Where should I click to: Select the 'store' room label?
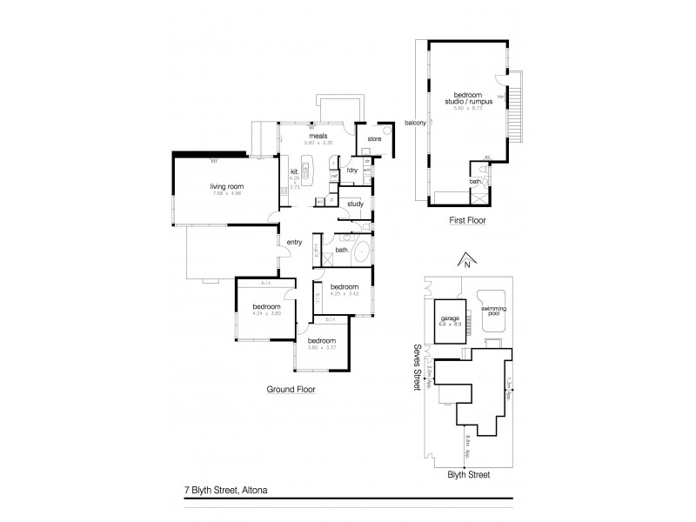[x=374, y=139]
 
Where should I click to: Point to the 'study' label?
[x=354, y=204]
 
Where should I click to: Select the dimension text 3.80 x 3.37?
[x=321, y=347]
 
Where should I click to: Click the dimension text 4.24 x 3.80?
[x=266, y=313]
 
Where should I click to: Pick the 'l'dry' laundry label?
[x=352, y=169]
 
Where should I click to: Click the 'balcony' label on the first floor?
[x=416, y=123]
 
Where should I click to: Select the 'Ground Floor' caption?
[x=291, y=390]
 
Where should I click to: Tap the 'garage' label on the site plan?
[x=450, y=318]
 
